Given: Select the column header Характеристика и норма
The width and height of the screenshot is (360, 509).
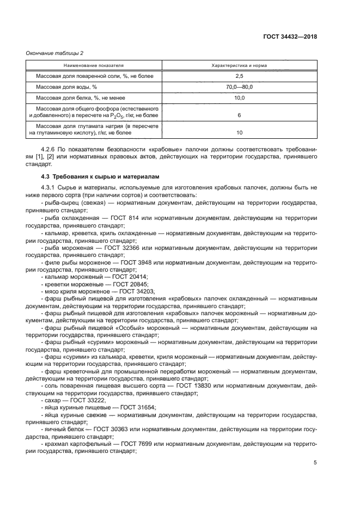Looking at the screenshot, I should (x=239, y=65).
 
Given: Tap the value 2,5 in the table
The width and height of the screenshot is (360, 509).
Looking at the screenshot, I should (x=239, y=76).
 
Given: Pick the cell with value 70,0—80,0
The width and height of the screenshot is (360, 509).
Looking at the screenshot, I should (x=239, y=87).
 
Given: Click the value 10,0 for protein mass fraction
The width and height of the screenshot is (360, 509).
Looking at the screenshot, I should (x=239, y=98).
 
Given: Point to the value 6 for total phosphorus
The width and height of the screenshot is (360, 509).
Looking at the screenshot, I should (x=239, y=115).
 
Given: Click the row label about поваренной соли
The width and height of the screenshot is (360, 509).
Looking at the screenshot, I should (x=87, y=76).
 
